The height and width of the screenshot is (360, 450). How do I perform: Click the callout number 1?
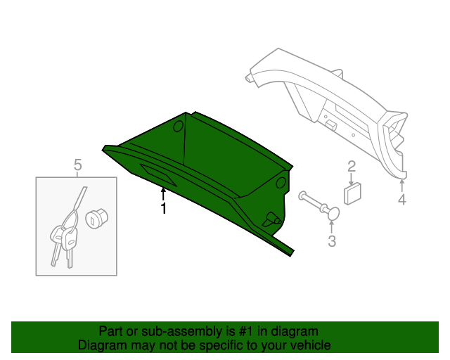tap(163, 209)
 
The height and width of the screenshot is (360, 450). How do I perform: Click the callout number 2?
tap(352, 167)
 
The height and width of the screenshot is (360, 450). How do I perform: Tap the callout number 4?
tap(401, 200)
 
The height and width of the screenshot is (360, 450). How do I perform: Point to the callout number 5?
tap(77, 165)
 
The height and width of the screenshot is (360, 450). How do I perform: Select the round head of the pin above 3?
tap(333, 213)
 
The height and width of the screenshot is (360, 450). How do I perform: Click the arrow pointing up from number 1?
tap(163, 192)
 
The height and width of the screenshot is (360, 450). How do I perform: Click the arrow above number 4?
tap(401, 185)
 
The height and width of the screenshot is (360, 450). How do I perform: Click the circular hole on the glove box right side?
tap(281, 183)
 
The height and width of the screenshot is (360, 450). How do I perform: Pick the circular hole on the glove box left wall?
tap(177, 126)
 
